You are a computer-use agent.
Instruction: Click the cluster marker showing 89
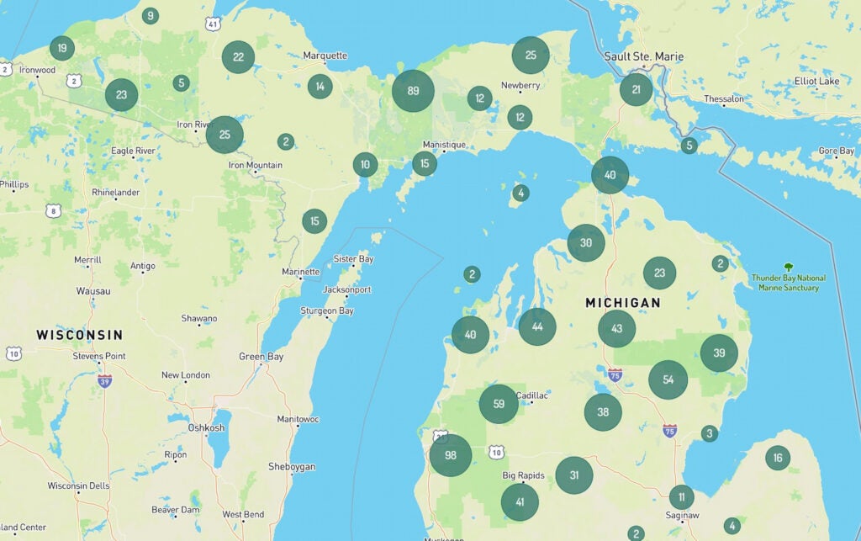tap(412, 91)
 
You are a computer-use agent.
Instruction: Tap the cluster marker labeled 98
tap(450, 455)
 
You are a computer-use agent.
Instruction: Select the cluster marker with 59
tap(499, 404)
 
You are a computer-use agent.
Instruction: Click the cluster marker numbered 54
tap(668, 379)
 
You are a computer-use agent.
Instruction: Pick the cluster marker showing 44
tap(537, 326)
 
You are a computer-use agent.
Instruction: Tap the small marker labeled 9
tap(150, 15)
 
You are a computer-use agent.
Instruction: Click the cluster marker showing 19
tap(61, 47)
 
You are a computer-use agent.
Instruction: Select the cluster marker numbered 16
tap(777, 458)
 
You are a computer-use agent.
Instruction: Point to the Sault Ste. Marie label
tap(644, 56)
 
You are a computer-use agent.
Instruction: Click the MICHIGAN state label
tap(623, 302)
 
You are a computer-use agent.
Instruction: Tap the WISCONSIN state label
tap(79, 335)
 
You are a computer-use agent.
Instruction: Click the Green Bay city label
tap(261, 357)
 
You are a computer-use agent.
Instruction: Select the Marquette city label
tap(325, 56)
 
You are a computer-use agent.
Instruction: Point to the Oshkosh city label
tap(206, 427)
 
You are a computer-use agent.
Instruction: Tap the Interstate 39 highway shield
tap(104, 380)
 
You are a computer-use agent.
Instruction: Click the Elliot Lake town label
tap(816, 81)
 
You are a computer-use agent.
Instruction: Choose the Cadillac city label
tap(531, 395)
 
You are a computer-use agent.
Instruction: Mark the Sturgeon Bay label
tap(328, 310)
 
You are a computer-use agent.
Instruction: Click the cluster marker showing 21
tap(636, 89)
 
